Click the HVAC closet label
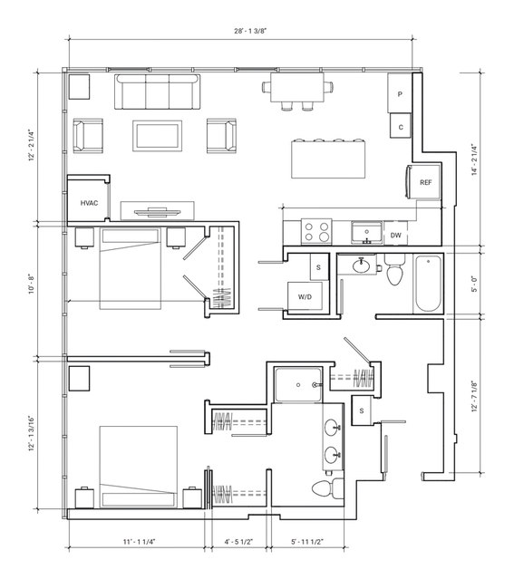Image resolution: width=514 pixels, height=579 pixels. (90, 203)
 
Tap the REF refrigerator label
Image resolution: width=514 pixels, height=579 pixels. (426, 182)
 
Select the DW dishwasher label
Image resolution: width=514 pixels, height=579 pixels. (396, 236)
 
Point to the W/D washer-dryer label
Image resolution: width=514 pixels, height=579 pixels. (305, 297)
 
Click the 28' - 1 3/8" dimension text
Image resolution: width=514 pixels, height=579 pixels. (250, 31)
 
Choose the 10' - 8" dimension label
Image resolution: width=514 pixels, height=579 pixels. (32, 284)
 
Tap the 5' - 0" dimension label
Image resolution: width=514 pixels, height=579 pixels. (474, 284)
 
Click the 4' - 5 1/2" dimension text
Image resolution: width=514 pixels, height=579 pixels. (238, 542)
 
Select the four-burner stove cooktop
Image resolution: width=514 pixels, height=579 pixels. (316, 232)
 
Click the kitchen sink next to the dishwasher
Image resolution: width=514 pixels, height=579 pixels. (367, 232)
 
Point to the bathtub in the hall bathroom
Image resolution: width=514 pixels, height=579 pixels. (428, 284)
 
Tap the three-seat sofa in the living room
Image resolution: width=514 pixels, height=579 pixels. (158, 92)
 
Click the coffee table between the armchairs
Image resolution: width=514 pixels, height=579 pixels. (158, 136)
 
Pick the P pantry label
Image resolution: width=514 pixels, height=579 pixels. (400, 94)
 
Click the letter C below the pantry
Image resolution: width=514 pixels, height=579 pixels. (401, 128)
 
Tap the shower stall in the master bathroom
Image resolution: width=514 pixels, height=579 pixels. (298, 385)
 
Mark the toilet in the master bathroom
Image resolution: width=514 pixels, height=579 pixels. (328, 488)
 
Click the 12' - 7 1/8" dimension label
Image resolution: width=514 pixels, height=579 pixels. (474, 396)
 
